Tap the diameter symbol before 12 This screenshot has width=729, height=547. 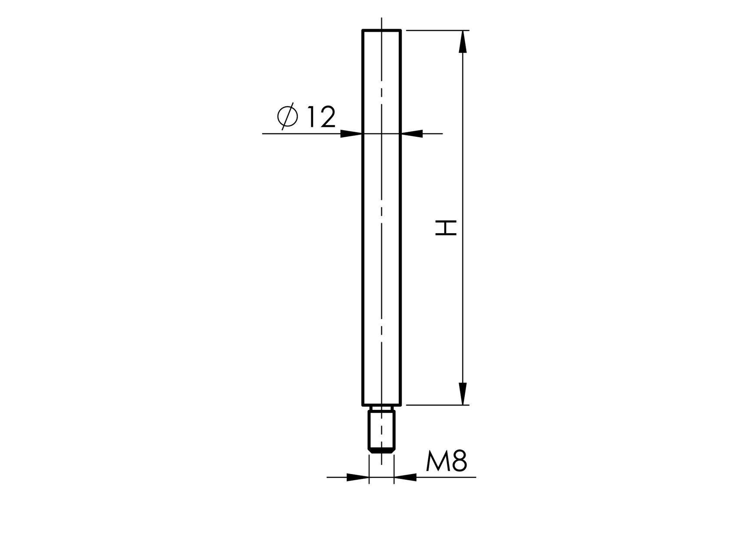287,116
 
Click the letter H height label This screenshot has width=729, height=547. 447,227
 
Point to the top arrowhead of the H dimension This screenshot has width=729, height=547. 463,42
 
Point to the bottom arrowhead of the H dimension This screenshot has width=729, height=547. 463,394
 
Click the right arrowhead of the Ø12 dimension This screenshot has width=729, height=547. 412,134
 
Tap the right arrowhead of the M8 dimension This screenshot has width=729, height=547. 405,478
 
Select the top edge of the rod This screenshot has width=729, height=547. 381,30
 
